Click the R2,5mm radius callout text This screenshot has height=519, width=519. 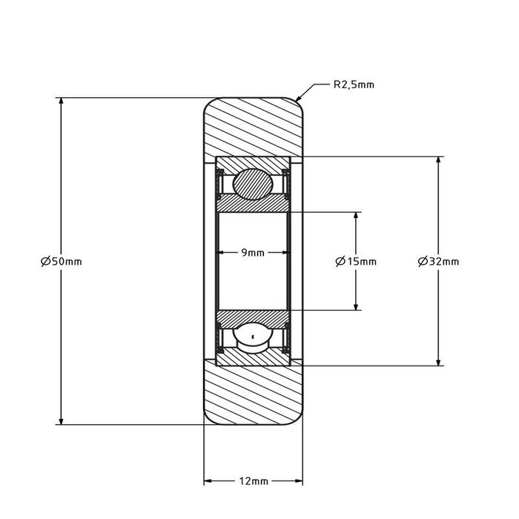[354, 85]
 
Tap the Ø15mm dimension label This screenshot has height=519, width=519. [356, 262]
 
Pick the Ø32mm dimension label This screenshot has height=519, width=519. [438, 262]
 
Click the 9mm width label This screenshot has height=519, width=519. [253, 253]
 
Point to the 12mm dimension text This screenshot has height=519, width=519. [253, 481]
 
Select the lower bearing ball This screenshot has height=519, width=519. [252, 337]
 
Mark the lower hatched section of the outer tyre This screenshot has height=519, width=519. [253, 397]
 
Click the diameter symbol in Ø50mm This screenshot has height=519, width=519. [46, 262]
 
